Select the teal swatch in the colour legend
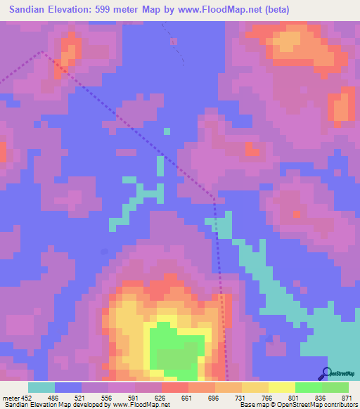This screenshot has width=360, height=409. [41, 387]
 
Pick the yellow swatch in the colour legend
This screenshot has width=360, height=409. [281, 387]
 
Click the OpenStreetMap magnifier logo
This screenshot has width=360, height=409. [326, 372]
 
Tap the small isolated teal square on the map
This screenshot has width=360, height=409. [167, 130]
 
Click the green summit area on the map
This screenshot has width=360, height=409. [176, 348]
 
